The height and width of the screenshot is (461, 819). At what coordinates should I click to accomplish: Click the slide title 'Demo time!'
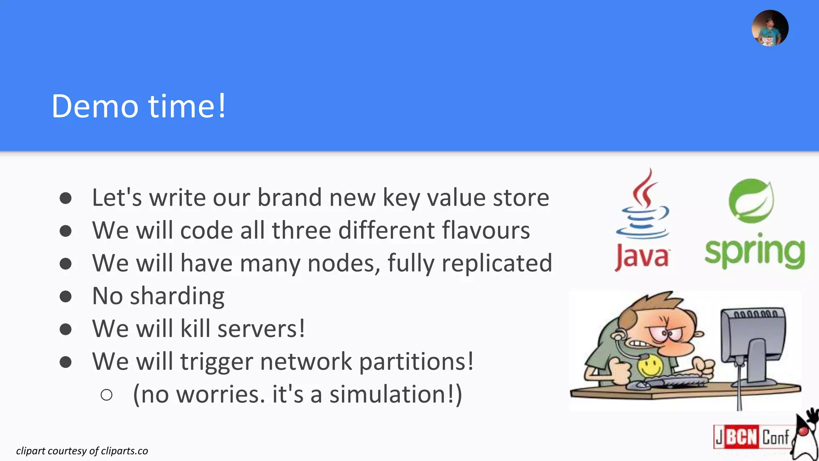139,106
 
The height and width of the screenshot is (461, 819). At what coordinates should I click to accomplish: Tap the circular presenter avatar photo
770,28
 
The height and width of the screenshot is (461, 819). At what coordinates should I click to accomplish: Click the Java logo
642,220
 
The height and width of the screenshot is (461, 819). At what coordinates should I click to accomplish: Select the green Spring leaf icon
751,200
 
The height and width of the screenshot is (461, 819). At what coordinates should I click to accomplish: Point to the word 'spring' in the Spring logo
754,252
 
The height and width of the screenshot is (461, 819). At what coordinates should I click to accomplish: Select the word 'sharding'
177,296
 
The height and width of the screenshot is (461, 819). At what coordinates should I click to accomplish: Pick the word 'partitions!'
416,362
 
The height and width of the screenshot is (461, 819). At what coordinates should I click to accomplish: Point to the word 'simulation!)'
396,395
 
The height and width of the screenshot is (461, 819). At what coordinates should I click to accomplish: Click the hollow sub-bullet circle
106,395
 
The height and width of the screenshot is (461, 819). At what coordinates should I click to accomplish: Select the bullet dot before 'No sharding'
66,297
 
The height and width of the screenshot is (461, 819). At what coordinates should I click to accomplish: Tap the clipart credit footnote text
82,451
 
